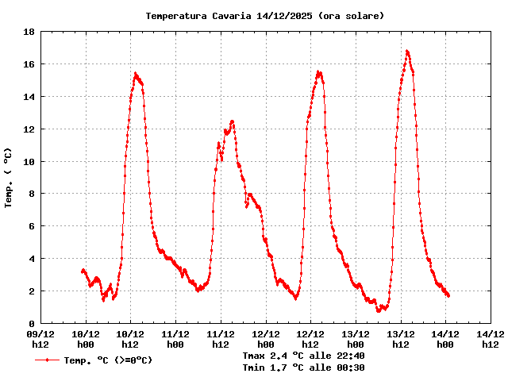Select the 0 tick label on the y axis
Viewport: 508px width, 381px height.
point(30,324)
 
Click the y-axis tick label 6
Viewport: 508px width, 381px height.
point(30,227)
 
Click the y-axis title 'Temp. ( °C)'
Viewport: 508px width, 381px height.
point(9,178)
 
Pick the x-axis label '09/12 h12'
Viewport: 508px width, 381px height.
point(41,340)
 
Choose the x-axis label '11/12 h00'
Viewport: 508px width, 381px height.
point(175,340)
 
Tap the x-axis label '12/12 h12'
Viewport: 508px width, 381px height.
point(310,340)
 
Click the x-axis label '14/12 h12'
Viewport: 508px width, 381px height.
point(490,340)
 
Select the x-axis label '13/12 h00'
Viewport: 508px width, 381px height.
point(355,340)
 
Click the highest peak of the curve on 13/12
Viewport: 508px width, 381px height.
point(407,51)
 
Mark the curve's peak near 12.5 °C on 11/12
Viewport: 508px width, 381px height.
point(232,121)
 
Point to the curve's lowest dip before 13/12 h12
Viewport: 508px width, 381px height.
point(379,310)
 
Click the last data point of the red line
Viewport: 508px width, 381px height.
point(448,296)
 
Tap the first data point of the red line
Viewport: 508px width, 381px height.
point(82,271)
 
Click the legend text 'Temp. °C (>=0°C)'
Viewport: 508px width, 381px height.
point(108,360)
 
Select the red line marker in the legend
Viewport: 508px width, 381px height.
point(48,360)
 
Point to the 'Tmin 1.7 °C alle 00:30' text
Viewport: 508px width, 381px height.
point(304,368)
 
